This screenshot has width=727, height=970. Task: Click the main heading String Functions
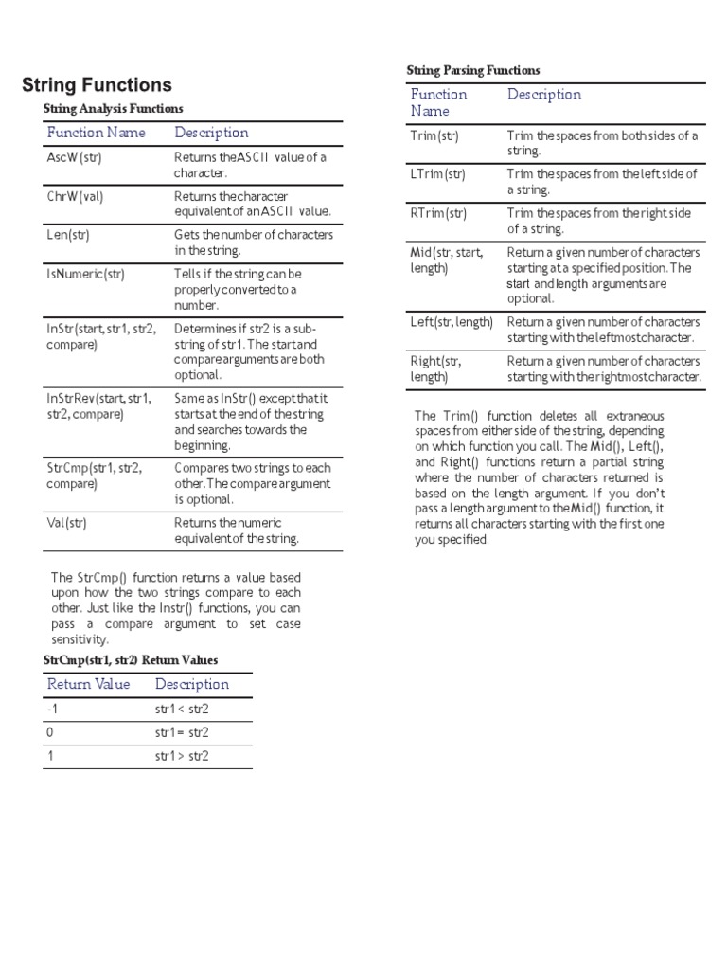coord(97,85)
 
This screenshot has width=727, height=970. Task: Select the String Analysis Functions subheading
coord(114,109)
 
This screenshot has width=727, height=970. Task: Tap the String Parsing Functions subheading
coord(473,70)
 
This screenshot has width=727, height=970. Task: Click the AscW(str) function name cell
coord(74,157)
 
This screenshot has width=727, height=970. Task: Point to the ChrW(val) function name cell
coord(74,196)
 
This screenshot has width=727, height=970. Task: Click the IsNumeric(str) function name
coord(85,274)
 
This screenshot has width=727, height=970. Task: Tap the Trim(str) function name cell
coord(434,135)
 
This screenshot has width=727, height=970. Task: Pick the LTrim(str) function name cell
coord(438,174)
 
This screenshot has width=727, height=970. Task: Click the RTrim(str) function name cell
coord(438,213)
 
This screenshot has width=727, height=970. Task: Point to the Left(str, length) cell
coord(452,322)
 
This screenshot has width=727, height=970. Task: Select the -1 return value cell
coord(51,709)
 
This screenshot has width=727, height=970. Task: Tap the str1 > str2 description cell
coord(182,756)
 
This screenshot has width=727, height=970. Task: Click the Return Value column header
coord(88,684)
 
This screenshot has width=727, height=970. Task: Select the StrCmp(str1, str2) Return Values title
coord(130,659)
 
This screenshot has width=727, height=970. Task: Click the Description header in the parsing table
coord(544,94)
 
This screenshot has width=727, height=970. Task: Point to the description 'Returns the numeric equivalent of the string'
coord(237,530)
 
